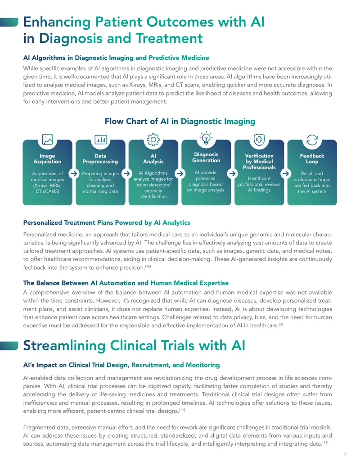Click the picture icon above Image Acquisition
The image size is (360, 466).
pyautogui.click(x=47, y=140)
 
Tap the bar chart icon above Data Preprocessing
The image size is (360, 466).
pyautogui.click(x=100, y=140)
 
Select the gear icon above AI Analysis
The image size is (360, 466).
pyautogui.click(x=153, y=140)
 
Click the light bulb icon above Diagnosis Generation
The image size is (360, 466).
pyautogui.click(x=206, y=138)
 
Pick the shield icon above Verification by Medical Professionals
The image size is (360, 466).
pyautogui.click(x=259, y=140)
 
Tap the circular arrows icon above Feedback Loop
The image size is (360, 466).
pyautogui.click(x=312, y=140)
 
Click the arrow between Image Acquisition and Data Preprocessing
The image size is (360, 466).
pyautogui.click(x=74, y=173)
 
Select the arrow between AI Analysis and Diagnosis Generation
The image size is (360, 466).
pyautogui.click(x=180, y=173)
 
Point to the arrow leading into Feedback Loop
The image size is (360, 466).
pyautogui.click(x=286, y=173)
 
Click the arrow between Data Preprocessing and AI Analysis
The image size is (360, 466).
pyautogui.click(x=127, y=173)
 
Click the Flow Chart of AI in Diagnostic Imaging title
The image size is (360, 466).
pyautogui.click(x=180, y=121)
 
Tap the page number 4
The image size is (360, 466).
pyautogui.click(x=345, y=453)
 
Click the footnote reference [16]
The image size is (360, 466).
pyautogui.click(x=148, y=266)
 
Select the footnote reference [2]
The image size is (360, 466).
pyautogui.click(x=281, y=324)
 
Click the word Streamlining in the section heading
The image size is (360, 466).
pyautogui.click(x=64, y=346)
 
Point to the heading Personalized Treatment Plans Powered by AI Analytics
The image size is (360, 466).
pyautogui.click(x=107, y=222)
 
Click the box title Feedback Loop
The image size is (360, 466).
pyautogui.click(x=312, y=158)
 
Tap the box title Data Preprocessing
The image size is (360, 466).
pyautogui.click(x=100, y=158)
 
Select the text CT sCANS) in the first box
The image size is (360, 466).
pyautogui.click(x=48, y=191)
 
